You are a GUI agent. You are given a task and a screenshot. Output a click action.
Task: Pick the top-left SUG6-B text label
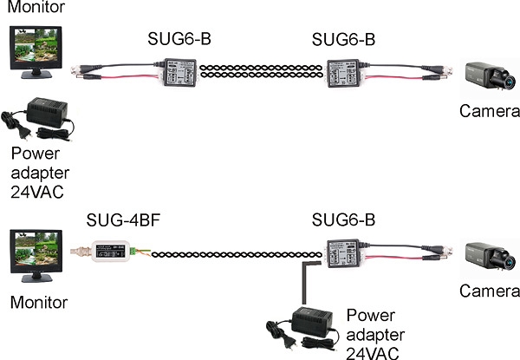pyautogui.click(x=179, y=40)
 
